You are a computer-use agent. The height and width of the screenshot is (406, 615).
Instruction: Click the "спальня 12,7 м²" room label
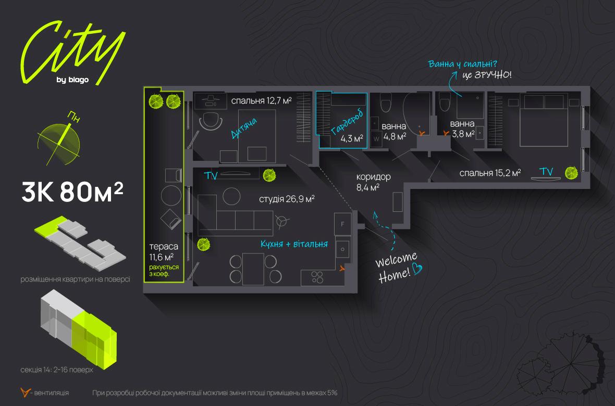(261, 100)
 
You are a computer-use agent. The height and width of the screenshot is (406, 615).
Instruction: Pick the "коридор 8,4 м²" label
(373, 182)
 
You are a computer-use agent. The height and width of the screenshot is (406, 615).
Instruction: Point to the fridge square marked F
(342, 224)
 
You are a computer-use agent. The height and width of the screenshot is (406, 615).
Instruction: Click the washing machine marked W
(376, 139)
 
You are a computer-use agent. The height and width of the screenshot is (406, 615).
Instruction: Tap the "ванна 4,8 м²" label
(395, 132)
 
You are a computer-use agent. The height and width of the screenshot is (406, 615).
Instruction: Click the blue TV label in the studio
(211, 176)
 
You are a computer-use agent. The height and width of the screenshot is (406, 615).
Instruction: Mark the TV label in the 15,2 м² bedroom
(546, 171)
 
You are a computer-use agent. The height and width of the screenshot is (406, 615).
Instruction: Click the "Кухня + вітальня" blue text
(294, 244)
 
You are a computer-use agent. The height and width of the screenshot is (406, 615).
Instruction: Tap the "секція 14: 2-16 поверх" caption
(58, 370)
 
